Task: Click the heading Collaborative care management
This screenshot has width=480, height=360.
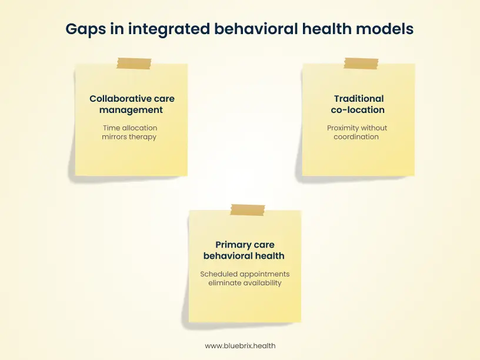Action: [x=132, y=104]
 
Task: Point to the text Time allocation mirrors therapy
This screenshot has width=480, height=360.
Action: [x=131, y=132]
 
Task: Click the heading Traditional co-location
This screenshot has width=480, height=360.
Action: [x=358, y=104]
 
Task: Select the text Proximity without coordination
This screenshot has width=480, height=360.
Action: [x=357, y=132]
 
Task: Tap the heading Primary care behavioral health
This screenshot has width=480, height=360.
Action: [x=244, y=250]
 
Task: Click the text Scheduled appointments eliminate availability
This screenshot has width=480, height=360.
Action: [x=245, y=278]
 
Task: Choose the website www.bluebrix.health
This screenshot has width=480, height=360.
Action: [x=240, y=346]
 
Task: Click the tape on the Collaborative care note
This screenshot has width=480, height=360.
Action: [x=134, y=64]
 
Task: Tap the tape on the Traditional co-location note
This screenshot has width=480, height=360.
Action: [x=361, y=64]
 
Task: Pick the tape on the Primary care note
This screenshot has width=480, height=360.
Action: [x=248, y=209]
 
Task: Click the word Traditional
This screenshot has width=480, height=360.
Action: [x=359, y=99]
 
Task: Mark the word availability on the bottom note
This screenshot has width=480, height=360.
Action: [x=261, y=283]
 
